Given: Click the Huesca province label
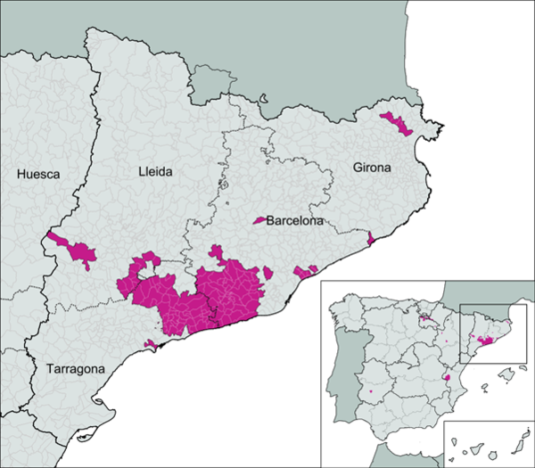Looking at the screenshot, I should pos(37,175).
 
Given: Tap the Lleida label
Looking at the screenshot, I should pos(158,169).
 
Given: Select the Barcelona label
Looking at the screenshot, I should pos(295,219).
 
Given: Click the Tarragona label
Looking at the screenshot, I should pos(70,368).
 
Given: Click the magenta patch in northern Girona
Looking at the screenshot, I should pos(396,122).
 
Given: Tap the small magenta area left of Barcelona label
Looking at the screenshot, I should pos(260,219).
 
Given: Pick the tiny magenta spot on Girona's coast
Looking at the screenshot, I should pos(370,238).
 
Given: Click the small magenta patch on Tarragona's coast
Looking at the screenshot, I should pos(151,344).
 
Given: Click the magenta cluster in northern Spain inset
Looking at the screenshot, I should pos(424,314).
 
